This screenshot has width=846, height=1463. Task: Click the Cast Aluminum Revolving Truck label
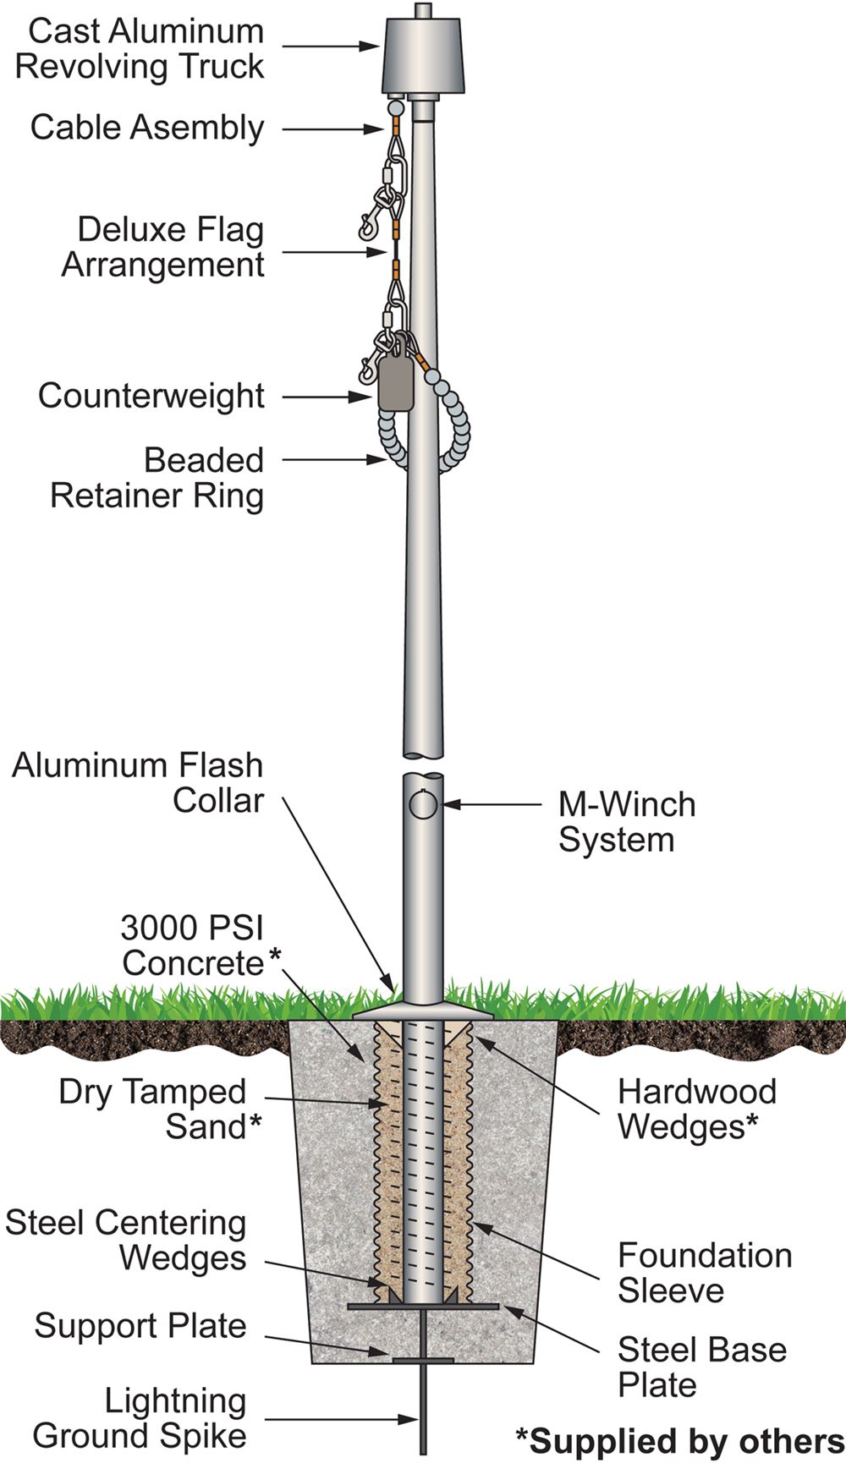click(140, 49)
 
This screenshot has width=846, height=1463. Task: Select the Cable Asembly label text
click(147, 128)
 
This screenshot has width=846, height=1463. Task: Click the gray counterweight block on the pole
click(394, 382)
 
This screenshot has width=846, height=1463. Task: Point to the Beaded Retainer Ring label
click(157, 478)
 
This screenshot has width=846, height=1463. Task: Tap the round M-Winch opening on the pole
click(423, 803)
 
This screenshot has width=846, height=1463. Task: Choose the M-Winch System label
click(626, 822)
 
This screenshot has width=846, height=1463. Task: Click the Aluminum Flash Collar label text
click(138, 782)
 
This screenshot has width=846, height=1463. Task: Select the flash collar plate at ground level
click(423, 1011)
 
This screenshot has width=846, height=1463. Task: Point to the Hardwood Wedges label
click(696, 1109)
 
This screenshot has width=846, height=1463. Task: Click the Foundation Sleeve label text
click(704, 1273)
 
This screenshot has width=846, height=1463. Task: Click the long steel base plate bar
click(423, 1307)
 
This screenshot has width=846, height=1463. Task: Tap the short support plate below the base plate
click(423, 1360)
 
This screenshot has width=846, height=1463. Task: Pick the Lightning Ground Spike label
click(140, 1418)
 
